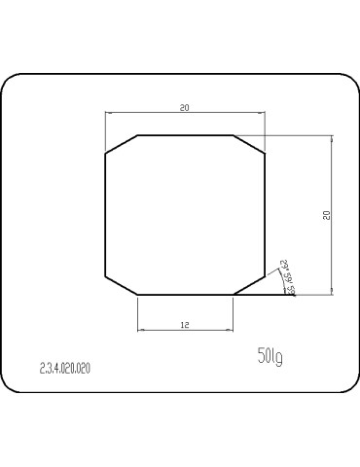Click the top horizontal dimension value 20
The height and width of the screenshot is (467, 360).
click(185, 107)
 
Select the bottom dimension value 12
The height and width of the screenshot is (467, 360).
click(185, 324)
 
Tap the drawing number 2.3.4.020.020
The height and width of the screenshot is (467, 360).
click(65, 369)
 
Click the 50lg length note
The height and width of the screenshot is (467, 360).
click(270, 357)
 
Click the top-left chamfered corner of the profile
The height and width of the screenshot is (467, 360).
click(121, 144)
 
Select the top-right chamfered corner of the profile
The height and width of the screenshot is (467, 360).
click(249, 144)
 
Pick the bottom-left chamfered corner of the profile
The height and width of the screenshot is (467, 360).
click(121, 284)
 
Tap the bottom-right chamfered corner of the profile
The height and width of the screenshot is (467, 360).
click(249, 284)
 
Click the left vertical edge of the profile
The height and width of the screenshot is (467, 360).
click(105, 214)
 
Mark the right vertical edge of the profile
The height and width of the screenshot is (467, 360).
click(265, 214)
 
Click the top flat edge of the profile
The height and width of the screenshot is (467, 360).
click(185, 135)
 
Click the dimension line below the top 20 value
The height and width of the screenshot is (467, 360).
click(185, 114)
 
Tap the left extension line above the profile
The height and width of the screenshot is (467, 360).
click(105, 131)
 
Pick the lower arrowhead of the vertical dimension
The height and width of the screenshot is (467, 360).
click(332, 289)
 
